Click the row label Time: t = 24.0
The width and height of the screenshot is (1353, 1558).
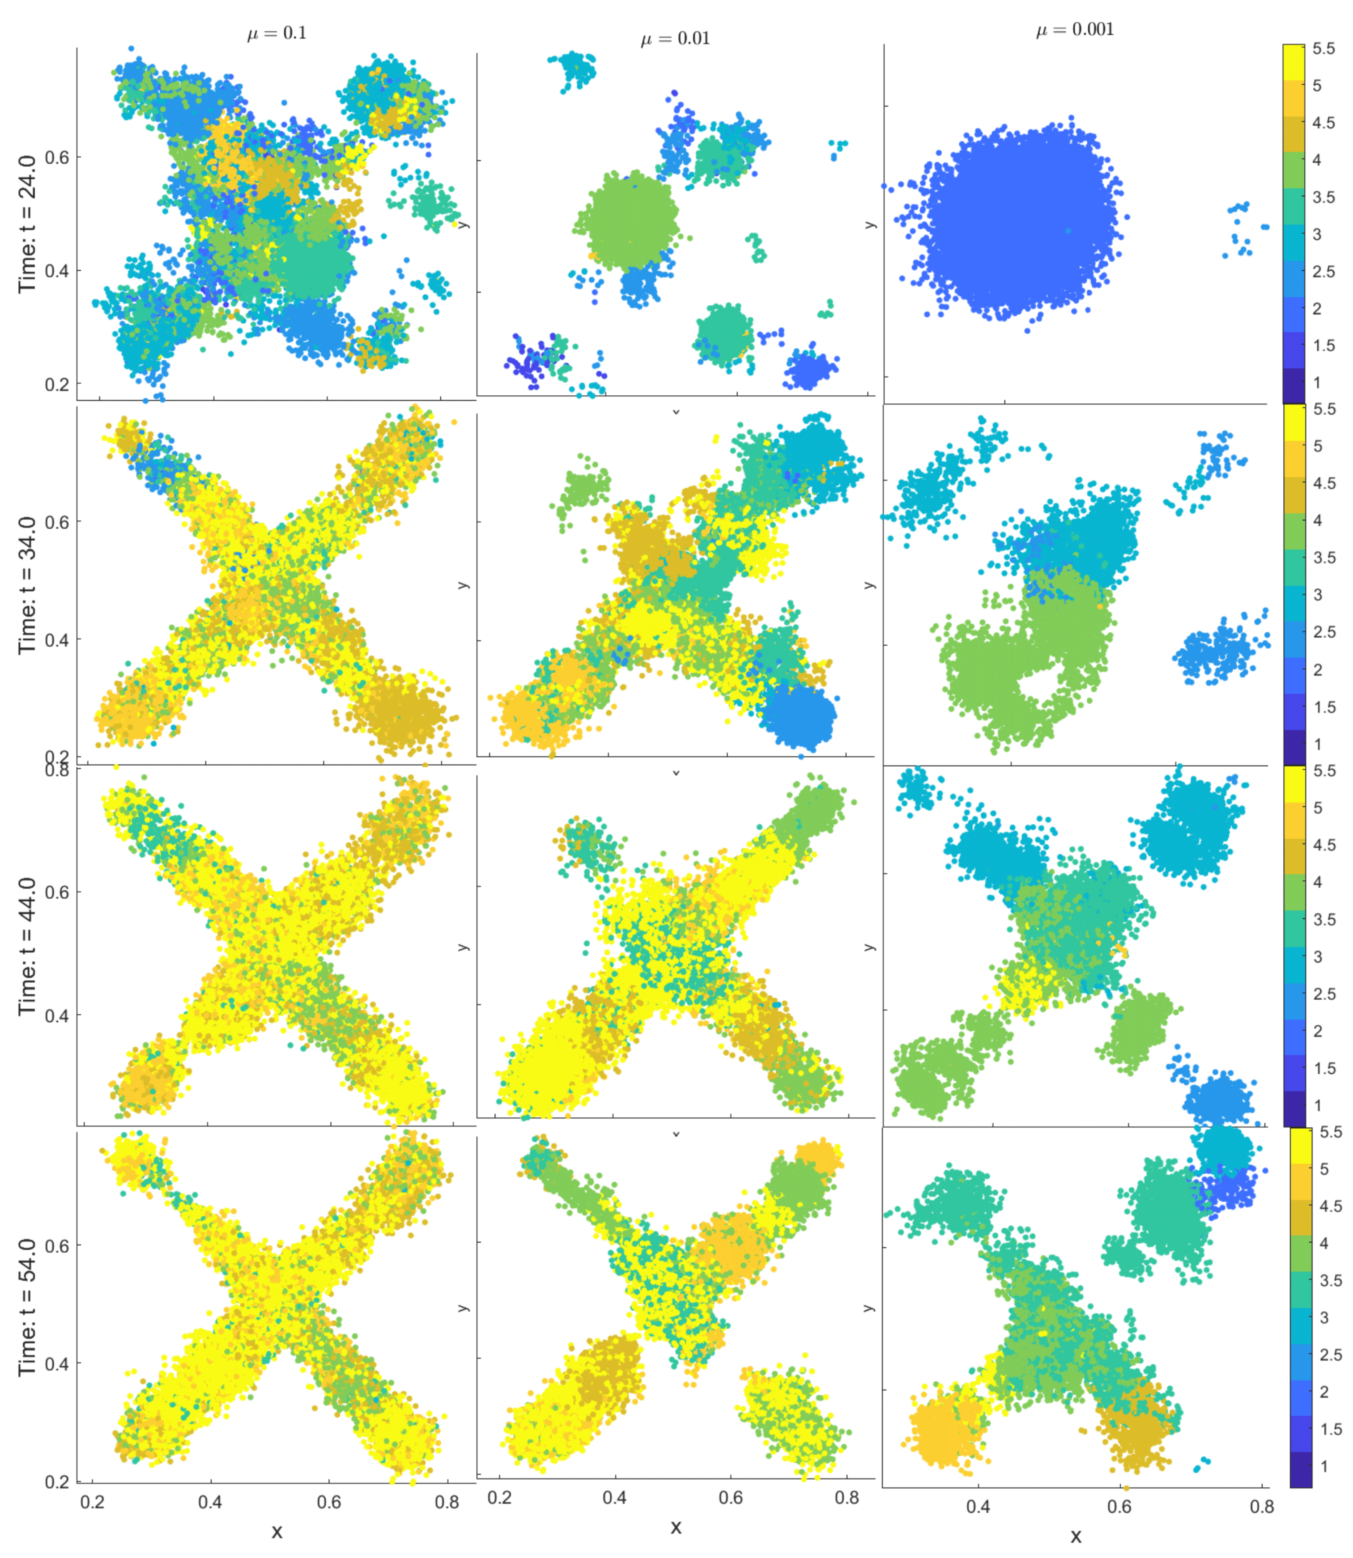pos(27,224)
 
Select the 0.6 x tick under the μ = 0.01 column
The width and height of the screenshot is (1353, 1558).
pos(731,1497)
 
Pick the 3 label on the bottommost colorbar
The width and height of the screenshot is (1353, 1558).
pos(1323,1317)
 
